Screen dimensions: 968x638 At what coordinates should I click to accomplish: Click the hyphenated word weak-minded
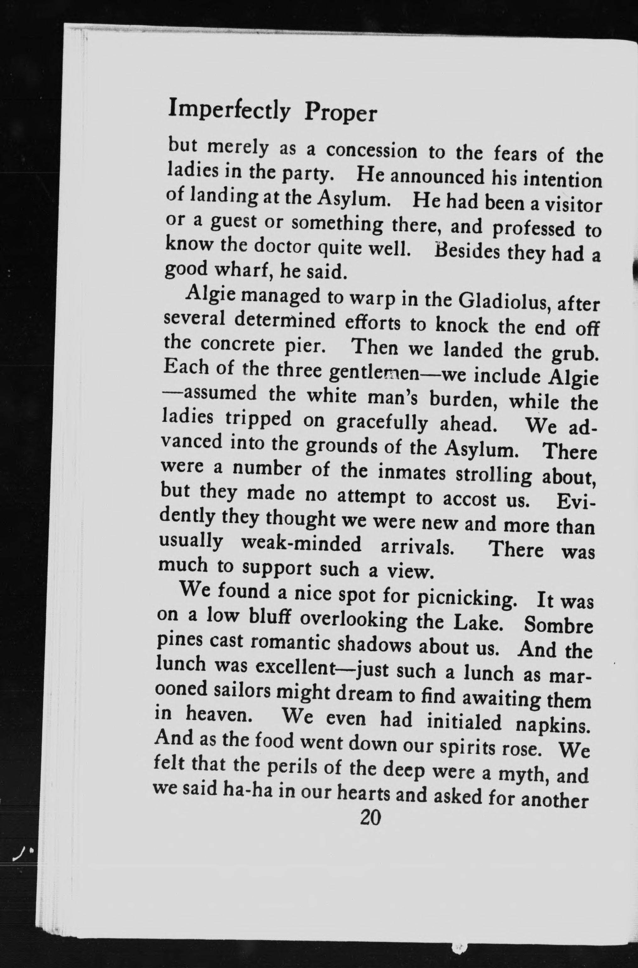(x=301, y=544)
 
